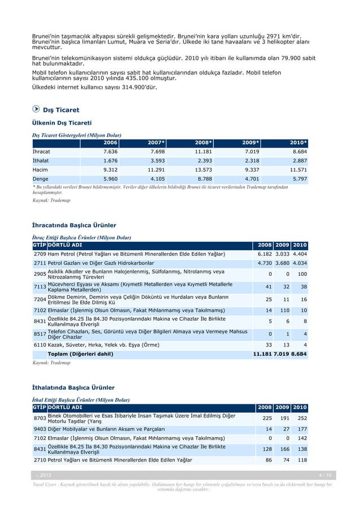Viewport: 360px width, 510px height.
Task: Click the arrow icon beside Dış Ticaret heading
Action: (36, 109)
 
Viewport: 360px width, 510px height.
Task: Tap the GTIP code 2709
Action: (39, 254)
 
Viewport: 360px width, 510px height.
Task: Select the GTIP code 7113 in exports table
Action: (39, 287)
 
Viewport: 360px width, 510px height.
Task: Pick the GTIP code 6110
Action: (39, 344)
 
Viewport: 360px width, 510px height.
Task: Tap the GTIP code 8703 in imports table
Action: (39, 419)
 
